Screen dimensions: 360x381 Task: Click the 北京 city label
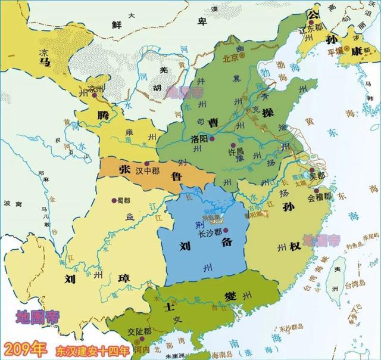[x=230, y=58]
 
